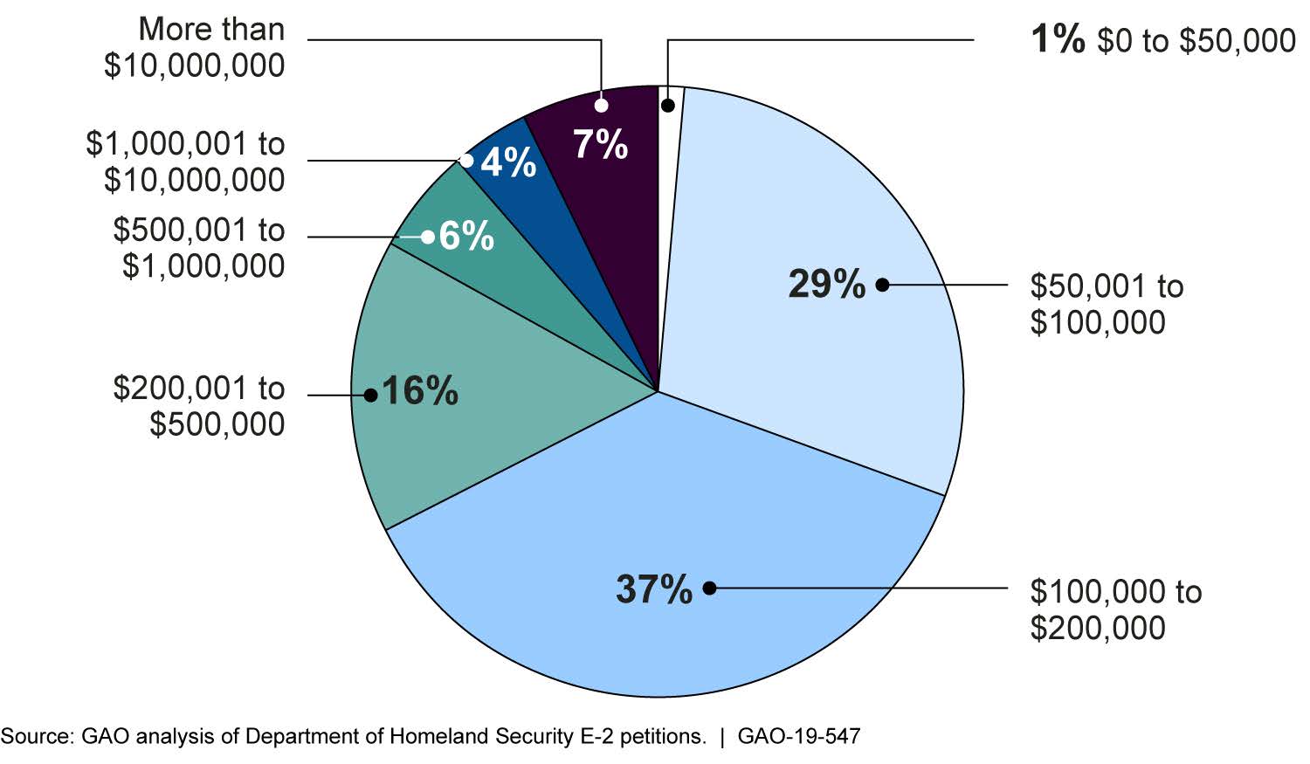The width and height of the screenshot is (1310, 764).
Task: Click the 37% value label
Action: click(653, 589)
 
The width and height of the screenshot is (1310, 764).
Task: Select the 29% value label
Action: click(826, 285)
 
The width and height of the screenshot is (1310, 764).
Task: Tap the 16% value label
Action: click(419, 392)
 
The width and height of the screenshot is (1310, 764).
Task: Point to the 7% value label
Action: click(601, 144)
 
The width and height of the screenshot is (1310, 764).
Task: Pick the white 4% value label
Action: click(508, 162)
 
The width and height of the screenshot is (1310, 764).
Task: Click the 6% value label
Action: click(466, 237)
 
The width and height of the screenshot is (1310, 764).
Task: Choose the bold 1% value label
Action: click(1058, 39)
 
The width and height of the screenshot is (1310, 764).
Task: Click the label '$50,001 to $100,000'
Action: click(1107, 304)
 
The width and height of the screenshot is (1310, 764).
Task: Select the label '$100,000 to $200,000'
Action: click(1115, 609)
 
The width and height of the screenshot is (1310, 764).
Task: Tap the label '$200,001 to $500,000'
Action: click(199, 406)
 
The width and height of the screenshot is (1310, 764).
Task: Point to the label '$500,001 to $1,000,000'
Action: click(199, 248)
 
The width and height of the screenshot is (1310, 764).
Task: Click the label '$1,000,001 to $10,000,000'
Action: click(186, 162)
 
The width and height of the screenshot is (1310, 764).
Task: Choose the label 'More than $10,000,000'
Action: click(195, 47)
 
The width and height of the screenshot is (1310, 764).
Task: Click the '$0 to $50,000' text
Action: click(1196, 40)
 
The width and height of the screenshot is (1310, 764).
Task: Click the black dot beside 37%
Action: click(709, 588)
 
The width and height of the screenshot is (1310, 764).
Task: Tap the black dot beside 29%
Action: click(882, 285)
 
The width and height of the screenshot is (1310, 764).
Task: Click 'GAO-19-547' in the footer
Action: click(798, 737)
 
